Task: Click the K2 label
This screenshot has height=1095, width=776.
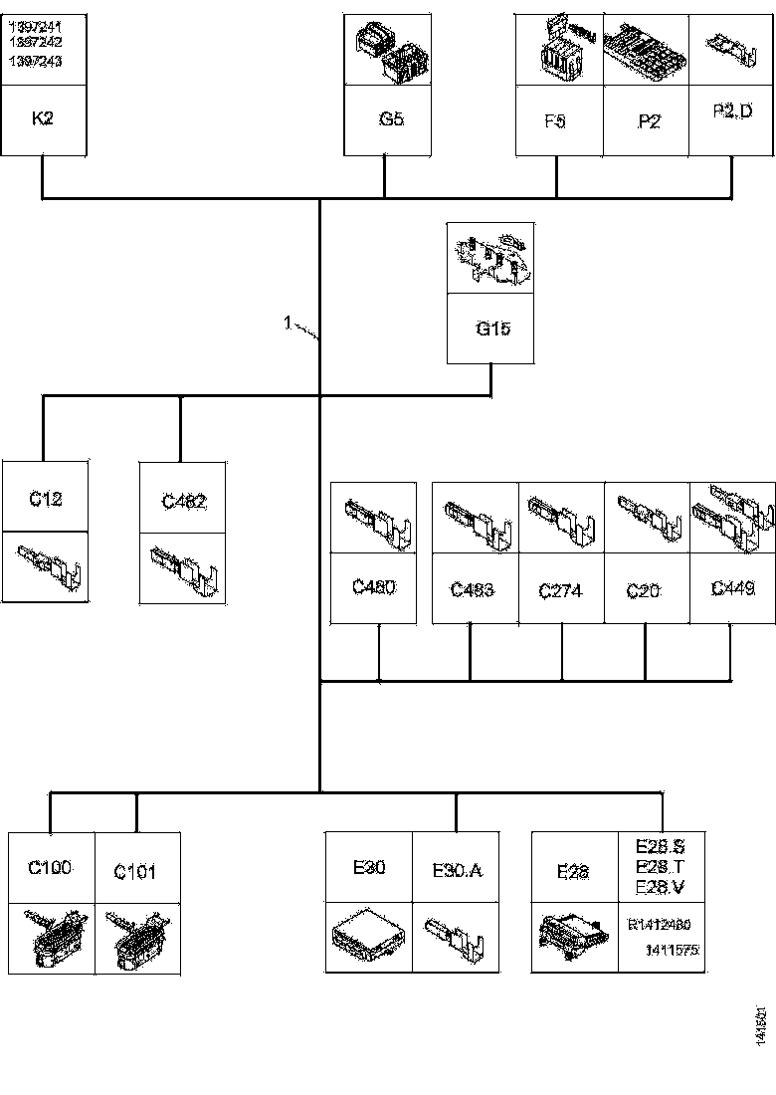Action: tap(43, 118)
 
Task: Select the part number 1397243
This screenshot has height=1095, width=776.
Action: tap(35, 62)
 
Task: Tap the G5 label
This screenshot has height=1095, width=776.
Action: tap(391, 118)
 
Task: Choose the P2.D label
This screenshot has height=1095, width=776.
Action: tap(733, 112)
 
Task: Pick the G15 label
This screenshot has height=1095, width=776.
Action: tap(492, 328)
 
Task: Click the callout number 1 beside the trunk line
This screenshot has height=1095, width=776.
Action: tap(288, 323)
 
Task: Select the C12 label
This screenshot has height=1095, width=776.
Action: tap(45, 498)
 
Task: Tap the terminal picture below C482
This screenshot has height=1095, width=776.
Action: tap(183, 569)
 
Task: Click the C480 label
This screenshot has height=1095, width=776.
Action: tap(374, 586)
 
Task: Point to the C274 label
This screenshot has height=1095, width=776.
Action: tap(560, 591)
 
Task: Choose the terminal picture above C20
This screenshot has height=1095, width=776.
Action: tap(647, 518)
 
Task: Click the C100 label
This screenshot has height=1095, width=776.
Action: tap(50, 867)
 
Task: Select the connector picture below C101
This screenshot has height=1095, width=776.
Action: tap(137, 938)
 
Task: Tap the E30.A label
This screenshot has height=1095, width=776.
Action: tap(457, 870)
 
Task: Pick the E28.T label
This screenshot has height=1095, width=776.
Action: tap(659, 867)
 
